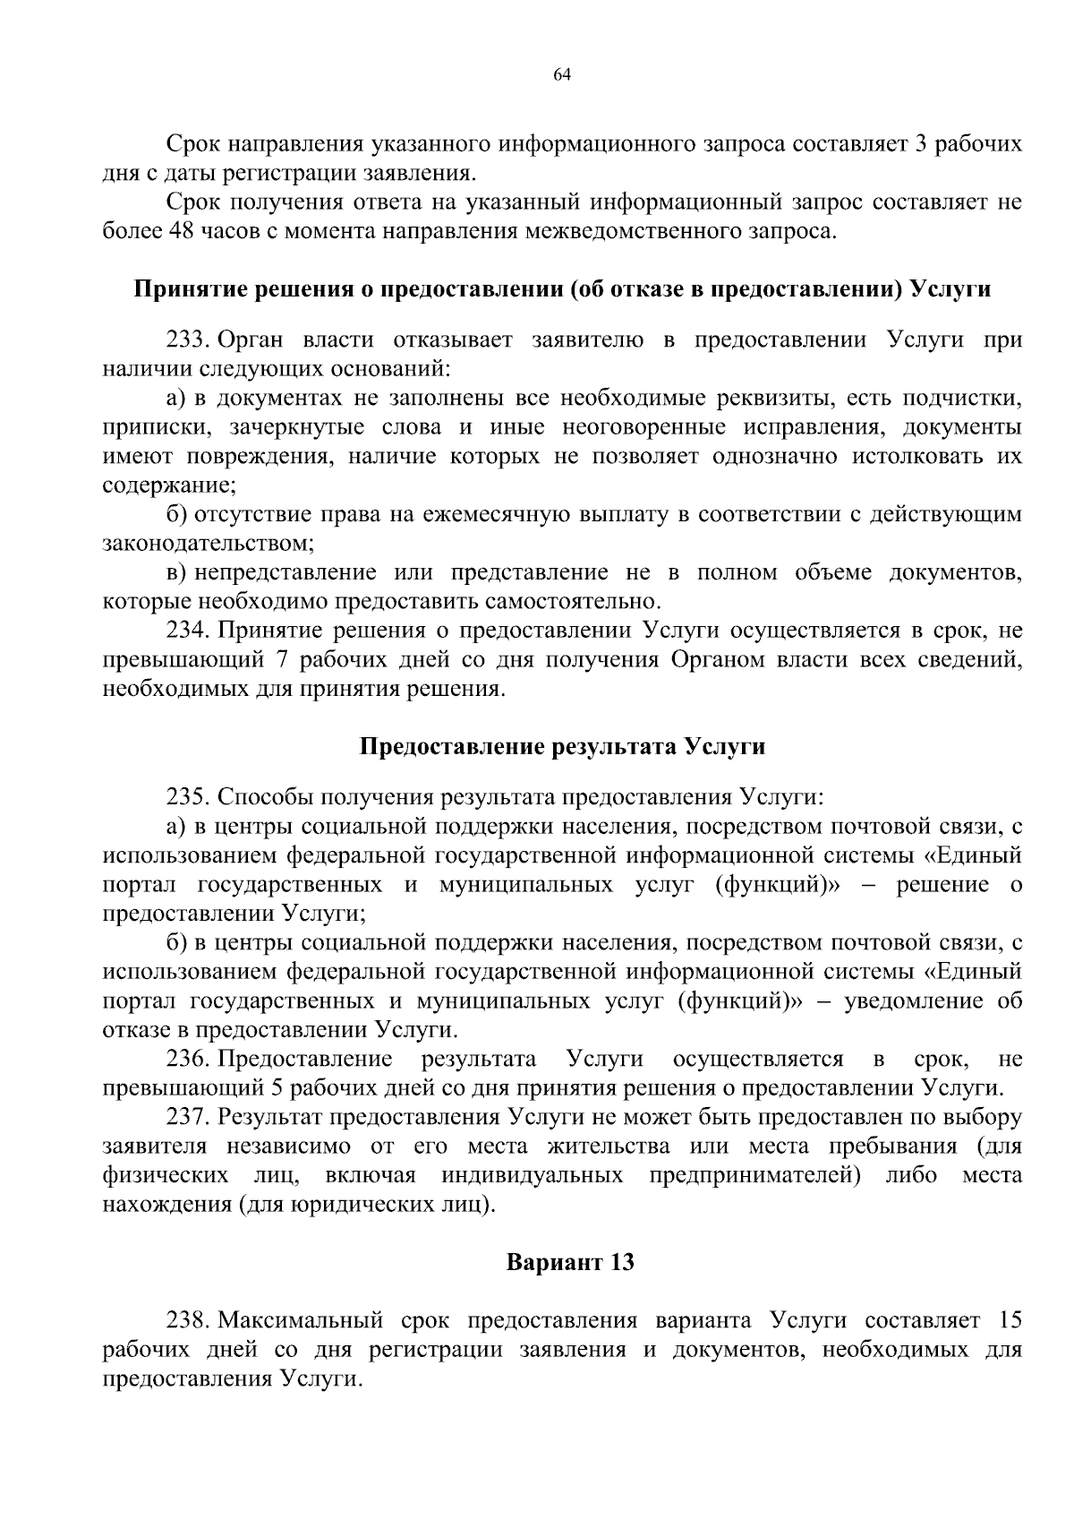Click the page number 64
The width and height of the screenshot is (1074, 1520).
(x=562, y=75)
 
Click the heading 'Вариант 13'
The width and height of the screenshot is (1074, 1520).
(x=570, y=1263)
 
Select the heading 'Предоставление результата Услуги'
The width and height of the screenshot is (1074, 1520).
(x=562, y=747)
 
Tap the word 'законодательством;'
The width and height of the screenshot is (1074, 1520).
(x=209, y=544)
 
